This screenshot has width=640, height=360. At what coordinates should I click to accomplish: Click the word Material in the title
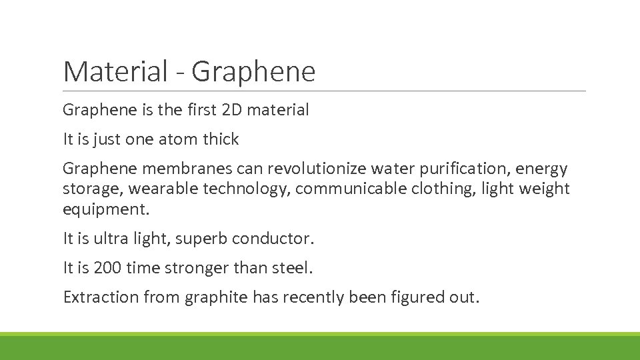(115, 72)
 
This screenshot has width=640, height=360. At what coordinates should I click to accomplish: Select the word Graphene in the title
(253, 72)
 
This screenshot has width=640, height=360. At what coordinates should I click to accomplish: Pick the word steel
(293, 268)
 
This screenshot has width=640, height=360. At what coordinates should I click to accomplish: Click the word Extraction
(101, 297)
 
